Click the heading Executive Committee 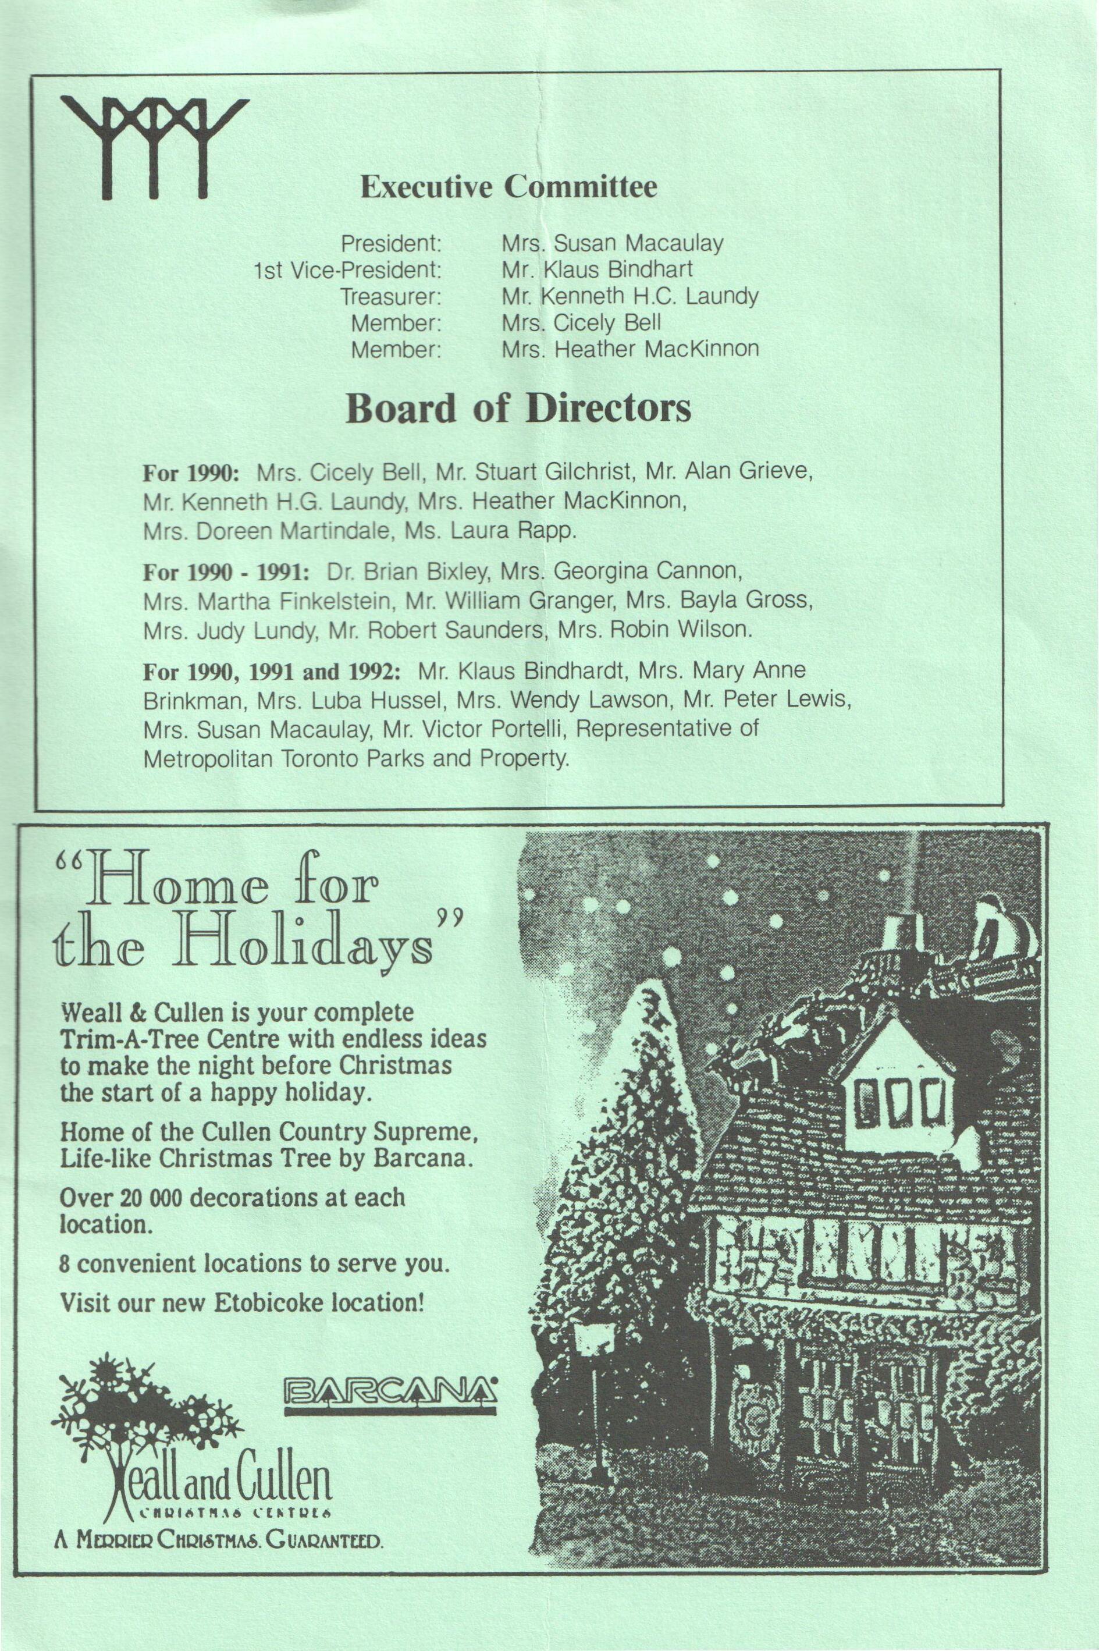point(509,188)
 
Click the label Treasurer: point(390,297)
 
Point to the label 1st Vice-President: point(348,270)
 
